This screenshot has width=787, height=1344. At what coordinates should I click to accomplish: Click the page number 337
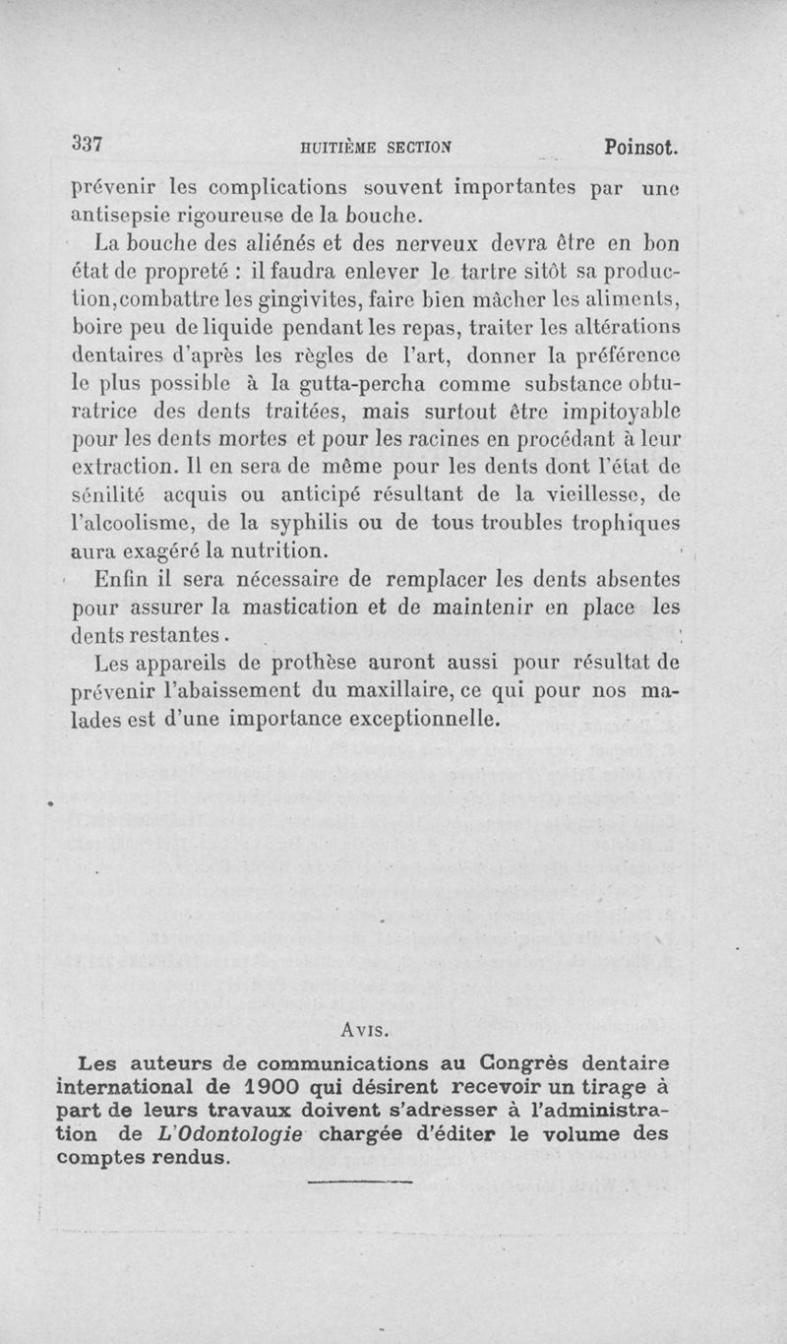coord(88,143)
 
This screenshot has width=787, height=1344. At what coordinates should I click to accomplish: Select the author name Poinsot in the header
coord(640,148)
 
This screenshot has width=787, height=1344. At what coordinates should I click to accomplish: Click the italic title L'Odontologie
coord(228,1133)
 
